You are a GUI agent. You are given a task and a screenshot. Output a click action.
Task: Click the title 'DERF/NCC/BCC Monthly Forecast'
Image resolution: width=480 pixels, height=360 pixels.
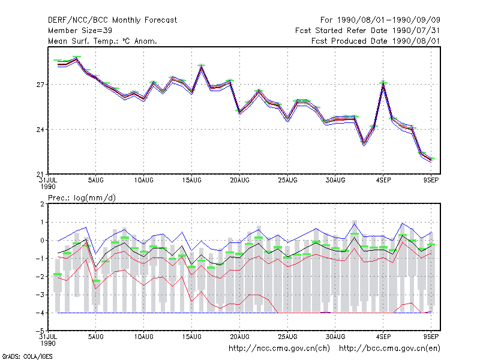coord(112,20)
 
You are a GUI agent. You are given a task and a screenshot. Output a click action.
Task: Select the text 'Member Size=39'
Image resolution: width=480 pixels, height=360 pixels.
coord(80,31)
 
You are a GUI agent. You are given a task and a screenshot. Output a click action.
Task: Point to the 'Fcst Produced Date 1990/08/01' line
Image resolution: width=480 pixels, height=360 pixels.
coord(376,41)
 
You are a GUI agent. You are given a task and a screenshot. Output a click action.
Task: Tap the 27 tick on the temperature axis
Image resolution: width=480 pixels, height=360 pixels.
coord(40,85)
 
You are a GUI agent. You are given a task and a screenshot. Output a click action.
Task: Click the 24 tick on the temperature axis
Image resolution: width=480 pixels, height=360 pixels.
coord(40,130)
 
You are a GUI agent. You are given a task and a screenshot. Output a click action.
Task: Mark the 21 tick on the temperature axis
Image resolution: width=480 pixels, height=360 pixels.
coord(40,174)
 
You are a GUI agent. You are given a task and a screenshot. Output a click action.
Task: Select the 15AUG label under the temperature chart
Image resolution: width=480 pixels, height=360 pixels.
coord(191,181)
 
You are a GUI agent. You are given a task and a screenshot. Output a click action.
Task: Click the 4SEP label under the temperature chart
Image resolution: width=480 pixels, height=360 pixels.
coord(383,181)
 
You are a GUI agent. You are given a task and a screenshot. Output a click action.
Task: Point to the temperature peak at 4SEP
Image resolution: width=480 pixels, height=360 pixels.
coord(383,83)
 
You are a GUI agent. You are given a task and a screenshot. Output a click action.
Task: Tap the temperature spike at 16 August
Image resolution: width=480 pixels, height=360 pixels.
coord(201,66)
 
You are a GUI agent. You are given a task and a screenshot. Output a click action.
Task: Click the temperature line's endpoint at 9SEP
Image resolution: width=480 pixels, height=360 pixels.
coord(431,160)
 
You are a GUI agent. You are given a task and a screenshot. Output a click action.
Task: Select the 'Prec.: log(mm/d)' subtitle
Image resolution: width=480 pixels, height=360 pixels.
coord(82,198)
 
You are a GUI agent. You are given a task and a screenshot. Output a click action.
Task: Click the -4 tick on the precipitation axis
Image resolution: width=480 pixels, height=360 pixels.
coord(40,313)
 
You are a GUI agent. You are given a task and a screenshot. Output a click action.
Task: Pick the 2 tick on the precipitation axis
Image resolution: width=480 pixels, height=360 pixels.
coord(42,204)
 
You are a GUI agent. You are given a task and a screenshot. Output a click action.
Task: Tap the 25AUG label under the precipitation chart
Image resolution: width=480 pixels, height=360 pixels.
coord(287,337)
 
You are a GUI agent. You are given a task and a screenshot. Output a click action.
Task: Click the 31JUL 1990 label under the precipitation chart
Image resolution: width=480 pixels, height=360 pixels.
coord(48,340)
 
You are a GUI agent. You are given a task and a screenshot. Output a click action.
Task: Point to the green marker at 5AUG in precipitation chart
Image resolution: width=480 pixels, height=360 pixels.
coord(96,281)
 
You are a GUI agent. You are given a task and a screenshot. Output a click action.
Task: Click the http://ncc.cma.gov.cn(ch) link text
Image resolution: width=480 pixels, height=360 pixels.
coord(279,349)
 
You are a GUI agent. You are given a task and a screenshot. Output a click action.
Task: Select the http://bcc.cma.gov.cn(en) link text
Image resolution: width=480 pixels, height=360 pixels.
coord(389,349)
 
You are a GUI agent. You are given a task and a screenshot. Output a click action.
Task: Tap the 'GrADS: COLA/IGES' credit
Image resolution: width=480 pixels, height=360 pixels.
coord(27,356)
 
